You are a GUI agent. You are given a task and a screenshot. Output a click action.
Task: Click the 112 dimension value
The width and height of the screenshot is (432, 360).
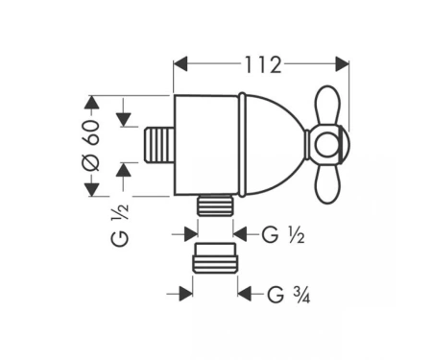(263, 65)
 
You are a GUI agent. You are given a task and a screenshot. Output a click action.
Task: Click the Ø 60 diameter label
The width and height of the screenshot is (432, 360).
(91, 145)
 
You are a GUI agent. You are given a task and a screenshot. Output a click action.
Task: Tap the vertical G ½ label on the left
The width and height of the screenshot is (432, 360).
(120, 225)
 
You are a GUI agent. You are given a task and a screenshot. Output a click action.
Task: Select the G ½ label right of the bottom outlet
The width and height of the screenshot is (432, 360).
(283, 235)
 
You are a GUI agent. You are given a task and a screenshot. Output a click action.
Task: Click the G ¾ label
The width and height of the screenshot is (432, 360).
(289, 295)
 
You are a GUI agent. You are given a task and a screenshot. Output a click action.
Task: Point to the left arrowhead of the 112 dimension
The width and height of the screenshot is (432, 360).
(180, 64)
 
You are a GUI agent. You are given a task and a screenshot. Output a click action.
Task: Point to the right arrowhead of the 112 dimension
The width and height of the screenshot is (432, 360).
(342, 64)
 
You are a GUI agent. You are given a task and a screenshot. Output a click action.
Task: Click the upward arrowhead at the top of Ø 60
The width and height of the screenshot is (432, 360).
(92, 103)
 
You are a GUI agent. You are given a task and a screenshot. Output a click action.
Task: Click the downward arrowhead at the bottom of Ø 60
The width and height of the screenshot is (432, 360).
(92, 189)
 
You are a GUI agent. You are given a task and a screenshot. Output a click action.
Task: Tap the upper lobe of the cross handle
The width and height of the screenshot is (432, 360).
(327, 106)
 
